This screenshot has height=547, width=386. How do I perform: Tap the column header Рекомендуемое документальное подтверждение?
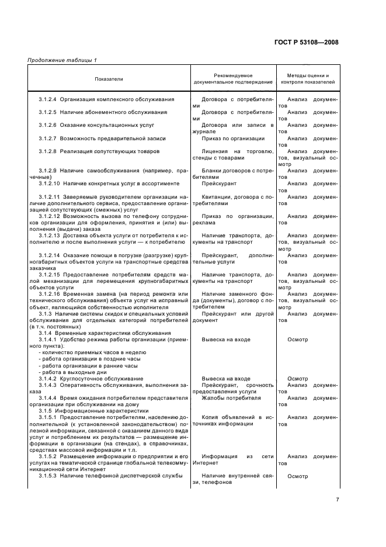234,78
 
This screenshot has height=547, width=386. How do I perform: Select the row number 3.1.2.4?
48,99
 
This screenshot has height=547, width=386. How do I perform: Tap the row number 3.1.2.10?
49,183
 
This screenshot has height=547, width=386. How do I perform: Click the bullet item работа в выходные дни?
73,372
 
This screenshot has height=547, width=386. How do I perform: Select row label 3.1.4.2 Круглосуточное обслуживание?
91,379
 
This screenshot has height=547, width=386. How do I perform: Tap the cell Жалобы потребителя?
231,397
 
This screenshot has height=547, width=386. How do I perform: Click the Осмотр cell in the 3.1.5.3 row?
297,476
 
